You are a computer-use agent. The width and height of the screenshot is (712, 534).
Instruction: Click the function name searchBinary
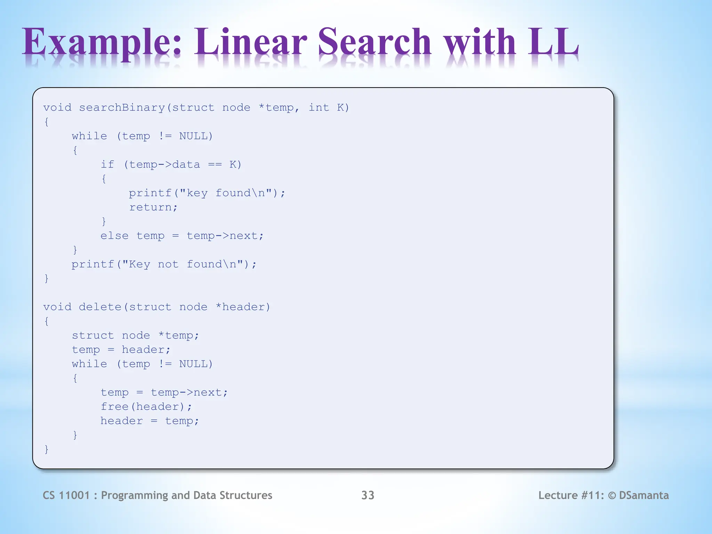point(122,108)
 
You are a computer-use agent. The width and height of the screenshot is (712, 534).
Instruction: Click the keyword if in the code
point(107,164)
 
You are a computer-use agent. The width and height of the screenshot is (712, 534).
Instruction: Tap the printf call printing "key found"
point(207,193)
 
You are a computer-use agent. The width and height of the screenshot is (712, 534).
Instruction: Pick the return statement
point(153,207)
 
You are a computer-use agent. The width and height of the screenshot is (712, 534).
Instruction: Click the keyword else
point(114,236)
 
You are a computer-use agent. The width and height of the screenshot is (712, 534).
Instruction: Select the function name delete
point(100,307)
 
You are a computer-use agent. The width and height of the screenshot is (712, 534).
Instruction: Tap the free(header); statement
point(146,406)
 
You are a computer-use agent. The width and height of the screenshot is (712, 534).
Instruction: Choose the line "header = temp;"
point(150,421)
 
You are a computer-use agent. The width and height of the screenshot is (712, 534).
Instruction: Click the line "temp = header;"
point(121,349)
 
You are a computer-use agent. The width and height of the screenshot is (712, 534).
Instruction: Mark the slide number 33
point(367,495)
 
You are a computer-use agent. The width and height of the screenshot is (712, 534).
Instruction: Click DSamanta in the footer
point(644,495)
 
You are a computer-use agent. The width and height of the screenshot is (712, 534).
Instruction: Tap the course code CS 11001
point(66,495)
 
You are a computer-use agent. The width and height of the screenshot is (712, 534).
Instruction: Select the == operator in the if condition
point(215,164)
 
